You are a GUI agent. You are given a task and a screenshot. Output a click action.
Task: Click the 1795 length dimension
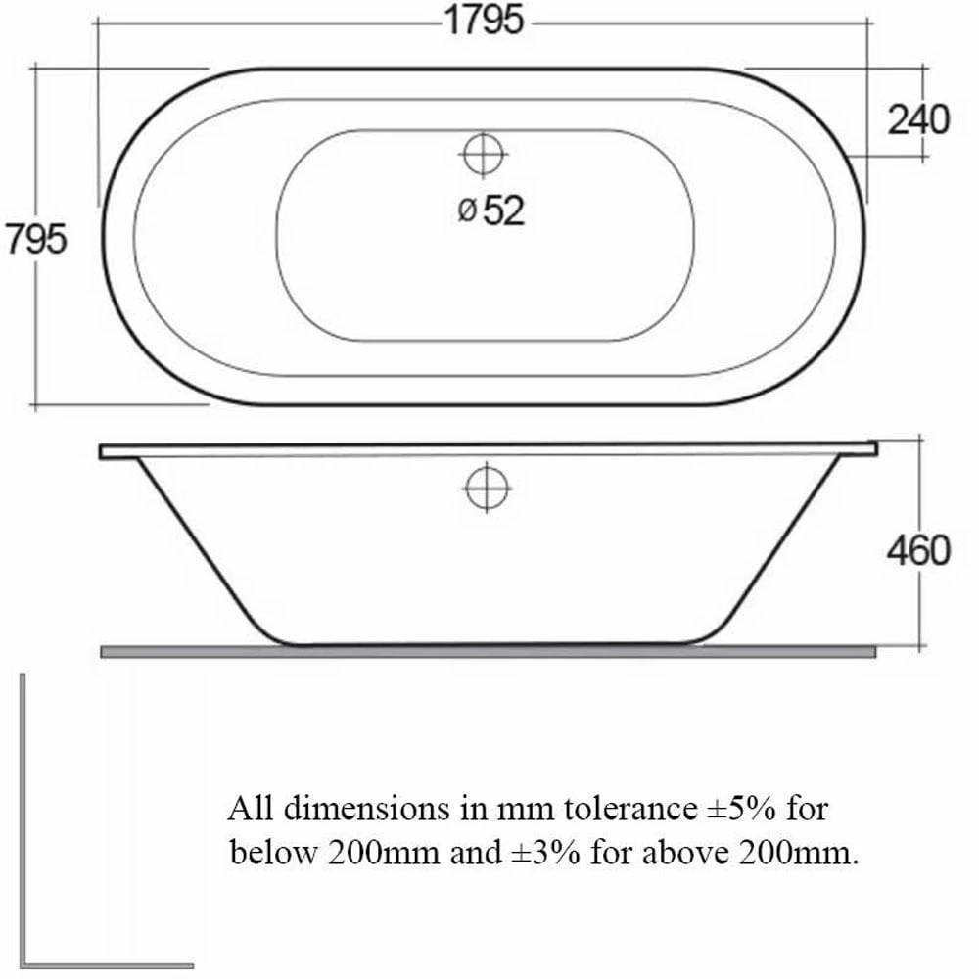click(x=485, y=21)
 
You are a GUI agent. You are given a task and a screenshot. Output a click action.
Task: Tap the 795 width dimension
click(x=36, y=238)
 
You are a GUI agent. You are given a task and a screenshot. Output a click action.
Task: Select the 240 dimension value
click(x=918, y=119)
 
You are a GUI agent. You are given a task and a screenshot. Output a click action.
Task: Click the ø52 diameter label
click(x=491, y=210)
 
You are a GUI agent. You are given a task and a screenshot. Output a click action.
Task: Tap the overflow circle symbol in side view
click(x=488, y=487)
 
